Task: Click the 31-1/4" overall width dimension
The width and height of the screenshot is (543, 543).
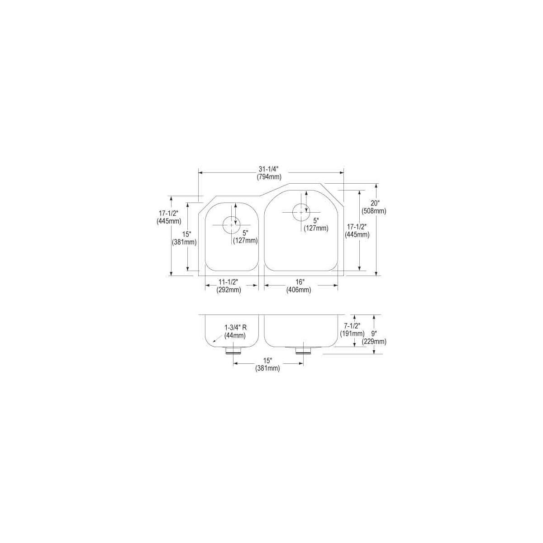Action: click(x=271, y=169)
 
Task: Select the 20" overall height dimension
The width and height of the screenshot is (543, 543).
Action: click(x=375, y=203)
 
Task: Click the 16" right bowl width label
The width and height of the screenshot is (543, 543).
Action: click(x=298, y=282)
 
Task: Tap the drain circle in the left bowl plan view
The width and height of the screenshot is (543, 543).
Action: click(x=232, y=224)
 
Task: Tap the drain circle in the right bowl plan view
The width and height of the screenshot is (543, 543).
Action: click(x=301, y=212)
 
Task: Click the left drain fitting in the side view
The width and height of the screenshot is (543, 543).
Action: click(x=233, y=350)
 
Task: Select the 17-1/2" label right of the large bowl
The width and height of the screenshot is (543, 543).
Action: click(x=357, y=227)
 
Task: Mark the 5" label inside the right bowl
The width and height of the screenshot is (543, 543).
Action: click(x=316, y=220)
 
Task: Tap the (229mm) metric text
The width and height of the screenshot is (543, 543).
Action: click(x=376, y=342)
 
